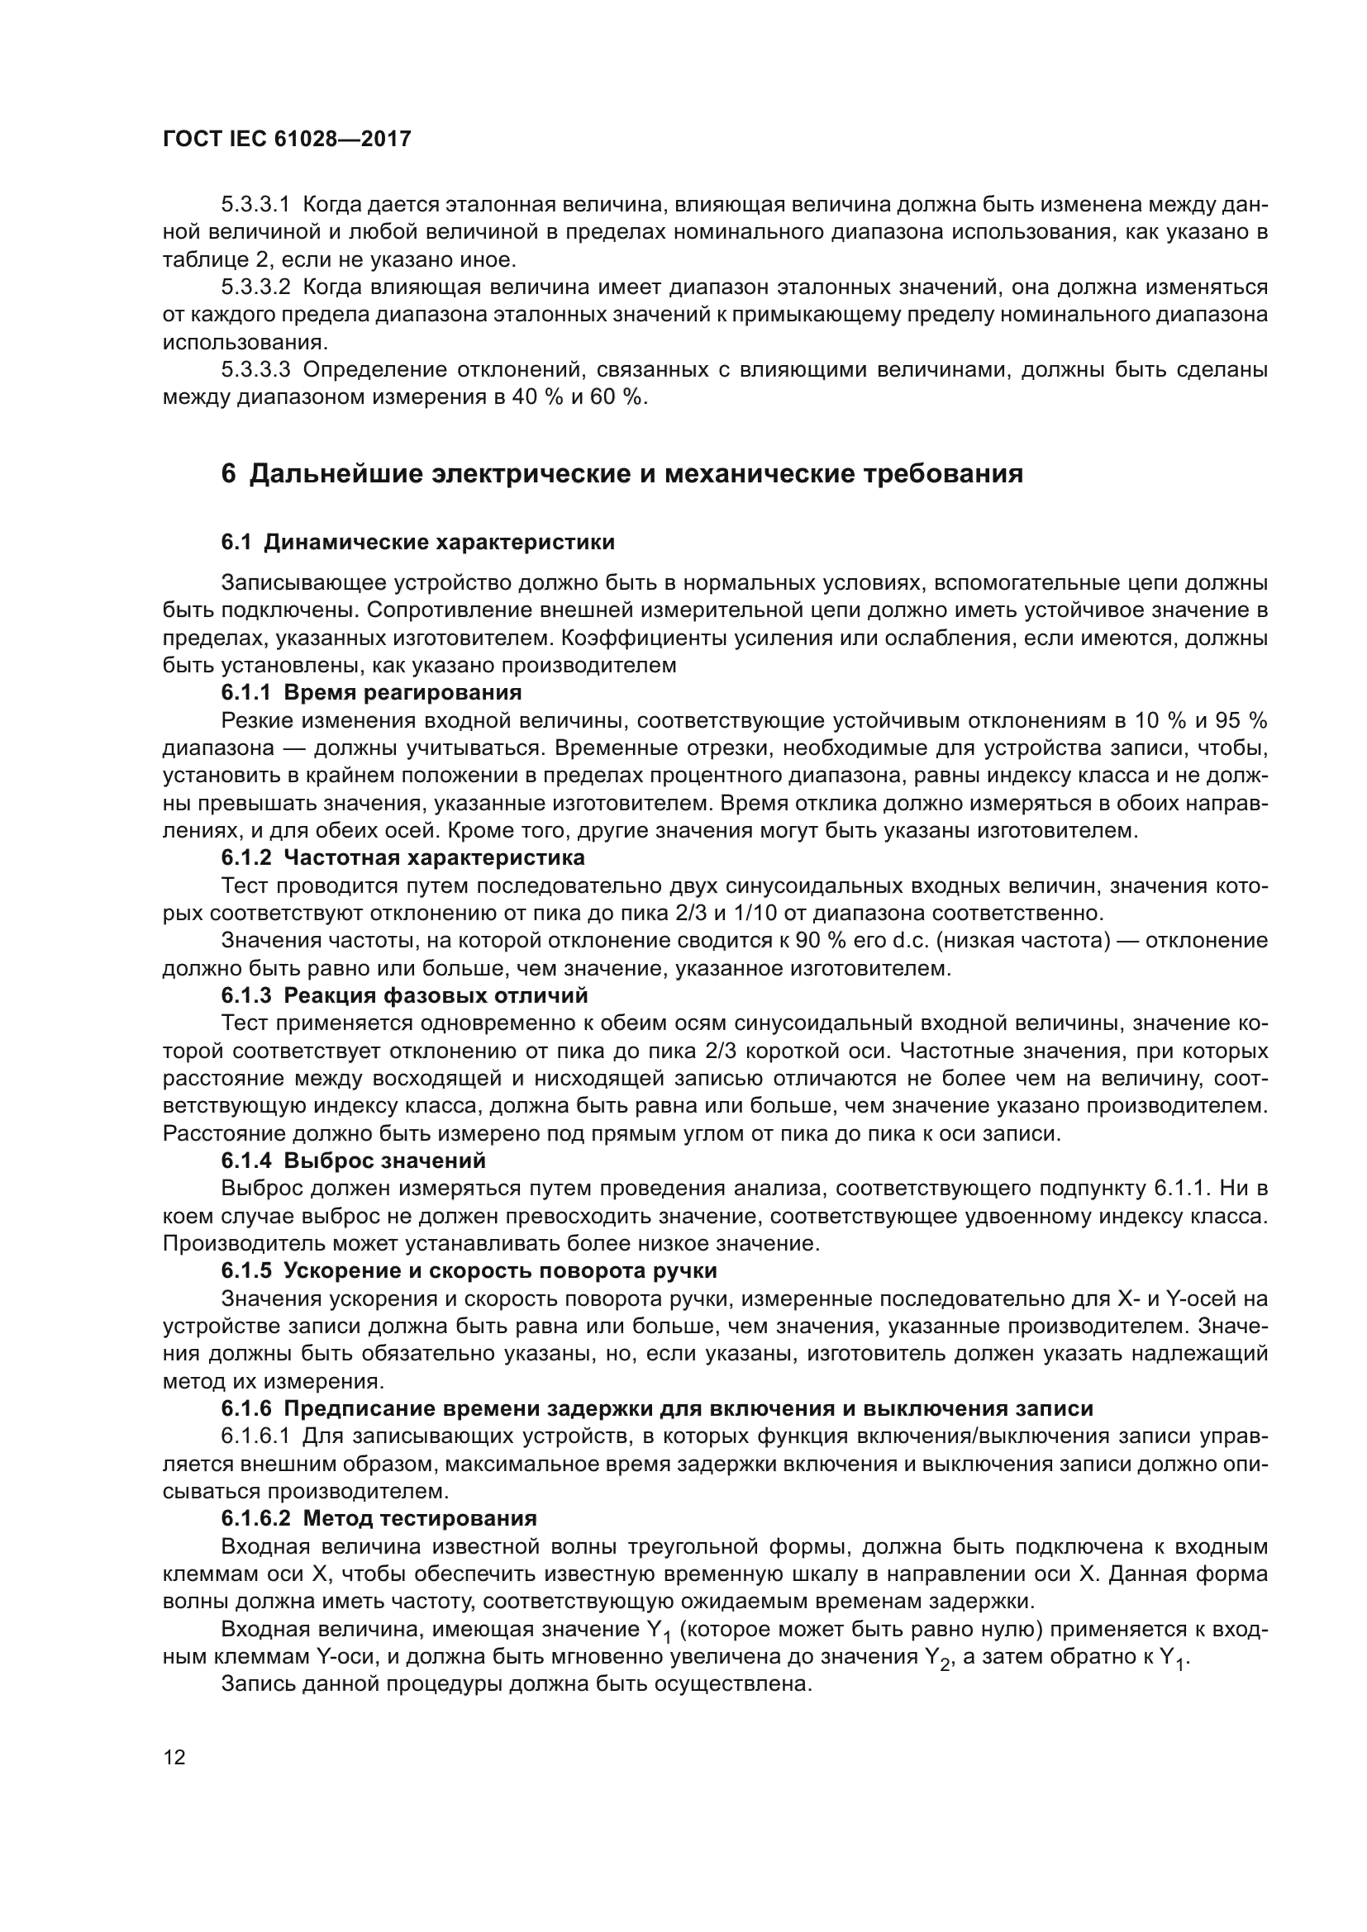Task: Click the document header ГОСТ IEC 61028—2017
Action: pyautogui.click(x=286, y=139)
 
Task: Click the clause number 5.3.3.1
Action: pyautogui.click(x=255, y=205)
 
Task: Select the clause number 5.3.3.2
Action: pyautogui.click(x=255, y=287)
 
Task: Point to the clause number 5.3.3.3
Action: pyautogui.click(x=255, y=370)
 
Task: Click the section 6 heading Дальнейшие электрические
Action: pyautogui.click(x=622, y=474)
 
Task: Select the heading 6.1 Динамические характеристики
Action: pyautogui.click(x=417, y=543)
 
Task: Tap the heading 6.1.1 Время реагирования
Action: pyautogui.click(x=371, y=692)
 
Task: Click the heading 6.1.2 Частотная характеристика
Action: pyautogui.click(x=402, y=858)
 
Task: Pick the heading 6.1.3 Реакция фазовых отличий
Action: pyautogui.click(x=404, y=996)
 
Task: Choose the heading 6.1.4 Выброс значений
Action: pyautogui.click(x=354, y=1161)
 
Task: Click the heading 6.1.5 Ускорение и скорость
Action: pyautogui.click(x=469, y=1270)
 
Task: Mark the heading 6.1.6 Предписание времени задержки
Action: pyautogui.click(x=656, y=1408)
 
